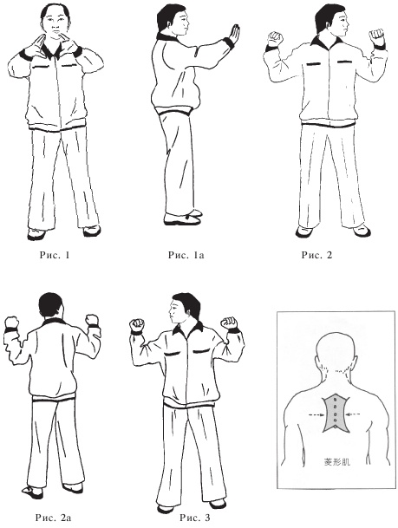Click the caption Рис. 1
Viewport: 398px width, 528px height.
(x=55, y=255)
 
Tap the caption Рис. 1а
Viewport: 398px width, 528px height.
(x=186, y=255)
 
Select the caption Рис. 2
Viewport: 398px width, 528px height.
(x=316, y=255)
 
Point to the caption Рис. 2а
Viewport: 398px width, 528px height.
(x=53, y=518)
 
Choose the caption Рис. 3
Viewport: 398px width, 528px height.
(x=194, y=518)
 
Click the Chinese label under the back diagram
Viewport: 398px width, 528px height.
(x=336, y=461)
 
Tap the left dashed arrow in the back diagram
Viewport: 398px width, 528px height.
(x=316, y=415)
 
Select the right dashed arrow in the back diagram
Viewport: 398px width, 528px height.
(x=354, y=414)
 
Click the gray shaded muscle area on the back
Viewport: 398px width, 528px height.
(x=336, y=414)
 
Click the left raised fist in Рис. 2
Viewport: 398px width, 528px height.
(x=276, y=39)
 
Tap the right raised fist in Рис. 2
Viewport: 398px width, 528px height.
(x=377, y=37)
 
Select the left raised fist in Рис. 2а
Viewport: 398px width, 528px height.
(x=12, y=323)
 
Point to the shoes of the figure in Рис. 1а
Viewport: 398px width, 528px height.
(x=183, y=218)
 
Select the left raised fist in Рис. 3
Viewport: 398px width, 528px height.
(x=137, y=325)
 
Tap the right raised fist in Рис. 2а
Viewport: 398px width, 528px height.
(x=92, y=320)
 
